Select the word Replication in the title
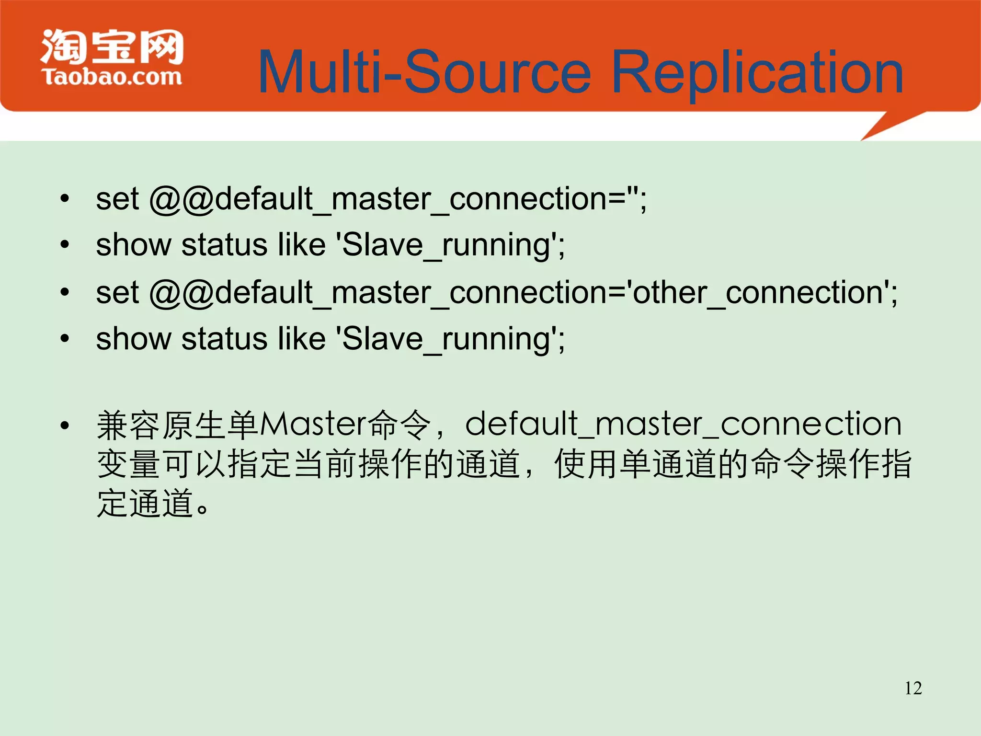(757, 73)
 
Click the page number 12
(913, 688)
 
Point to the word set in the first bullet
(117, 199)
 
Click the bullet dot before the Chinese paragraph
(65, 425)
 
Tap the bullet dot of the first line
(65, 198)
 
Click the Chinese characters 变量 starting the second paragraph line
(128, 464)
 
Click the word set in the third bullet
(117, 293)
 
